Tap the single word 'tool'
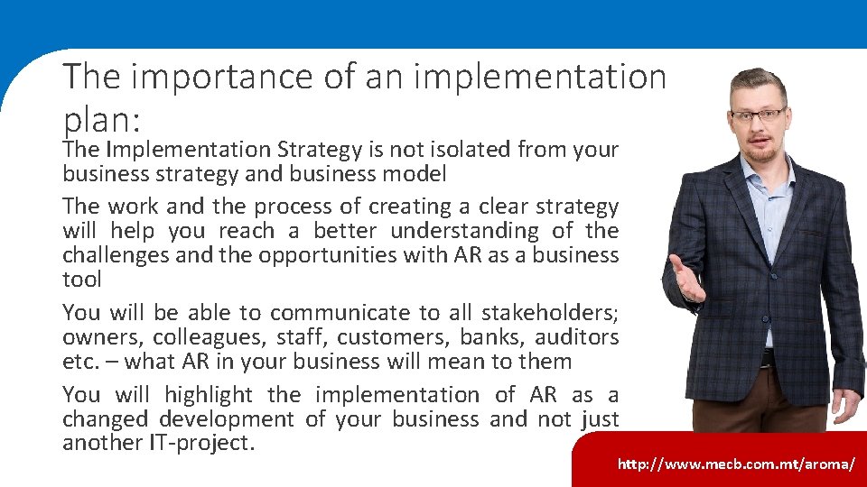(81, 280)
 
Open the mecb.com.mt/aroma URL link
(735, 464)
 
